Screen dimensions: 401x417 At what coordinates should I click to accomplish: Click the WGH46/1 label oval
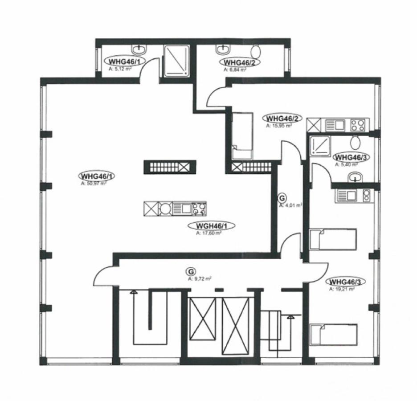pyautogui.click(x=212, y=226)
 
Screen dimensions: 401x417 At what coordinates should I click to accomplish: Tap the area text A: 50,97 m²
pyautogui.click(x=94, y=183)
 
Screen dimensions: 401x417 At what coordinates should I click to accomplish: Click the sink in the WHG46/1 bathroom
pyautogui.click(x=138, y=48)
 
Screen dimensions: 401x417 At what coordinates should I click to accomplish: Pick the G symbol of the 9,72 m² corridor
pyautogui.click(x=191, y=271)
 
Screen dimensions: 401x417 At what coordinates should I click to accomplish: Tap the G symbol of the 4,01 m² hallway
pyautogui.click(x=281, y=198)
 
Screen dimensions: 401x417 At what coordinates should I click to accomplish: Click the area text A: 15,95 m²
pyautogui.click(x=278, y=126)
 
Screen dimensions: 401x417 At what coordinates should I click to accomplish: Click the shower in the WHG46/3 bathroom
pyautogui.click(x=319, y=146)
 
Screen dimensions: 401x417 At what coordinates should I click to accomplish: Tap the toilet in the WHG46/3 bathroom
pyautogui.click(x=356, y=143)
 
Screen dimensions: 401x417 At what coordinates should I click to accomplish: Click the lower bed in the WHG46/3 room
pyautogui.click(x=334, y=335)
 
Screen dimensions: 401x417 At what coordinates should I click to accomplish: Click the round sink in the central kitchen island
pyautogui.click(x=166, y=209)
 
